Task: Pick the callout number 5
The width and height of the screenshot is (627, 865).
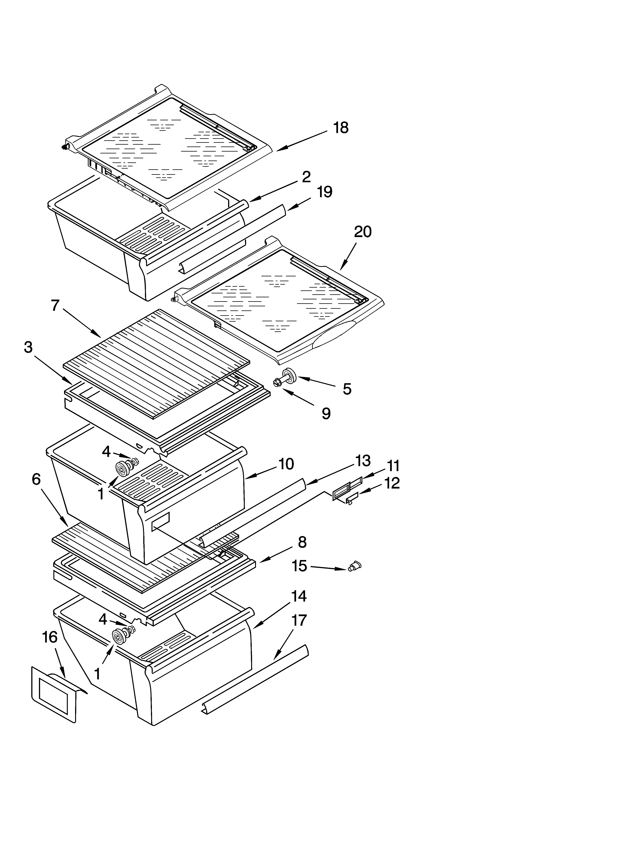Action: (x=347, y=389)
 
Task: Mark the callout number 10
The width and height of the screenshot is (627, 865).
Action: (x=286, y=464)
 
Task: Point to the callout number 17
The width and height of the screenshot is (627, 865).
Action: (x=299, y=620)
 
